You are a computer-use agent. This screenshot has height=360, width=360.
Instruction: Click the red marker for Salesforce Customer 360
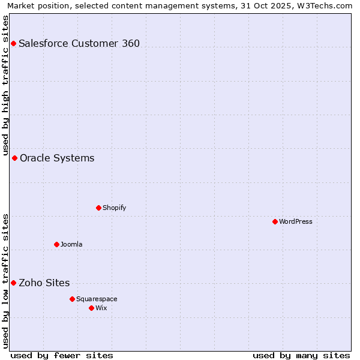coord(13,43)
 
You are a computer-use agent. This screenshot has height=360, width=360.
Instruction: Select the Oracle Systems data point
coord(14,158)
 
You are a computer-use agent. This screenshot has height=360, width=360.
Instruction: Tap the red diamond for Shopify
coord(98,208)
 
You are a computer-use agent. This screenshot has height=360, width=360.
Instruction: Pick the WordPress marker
coord(275,221)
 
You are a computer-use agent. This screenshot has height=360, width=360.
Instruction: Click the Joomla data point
coord(56,244)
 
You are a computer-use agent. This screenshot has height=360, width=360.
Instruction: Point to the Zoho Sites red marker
coord(13,283)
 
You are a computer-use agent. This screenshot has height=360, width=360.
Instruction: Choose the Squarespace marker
coord(72,299)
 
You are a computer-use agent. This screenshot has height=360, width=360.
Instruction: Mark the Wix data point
coord(91,308)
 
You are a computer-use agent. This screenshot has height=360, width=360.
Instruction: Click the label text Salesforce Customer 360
coord(79,43)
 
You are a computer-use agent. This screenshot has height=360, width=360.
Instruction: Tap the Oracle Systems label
coord(57,158)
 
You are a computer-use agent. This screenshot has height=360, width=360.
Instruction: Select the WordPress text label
coord(296,221)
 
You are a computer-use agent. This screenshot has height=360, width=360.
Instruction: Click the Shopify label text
coord(114,208)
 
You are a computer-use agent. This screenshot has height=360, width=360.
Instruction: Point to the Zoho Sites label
coord(44,283)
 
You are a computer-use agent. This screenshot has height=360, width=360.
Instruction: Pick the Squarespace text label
coord(97,299)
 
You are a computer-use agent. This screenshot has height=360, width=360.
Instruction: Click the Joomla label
coord(71,244)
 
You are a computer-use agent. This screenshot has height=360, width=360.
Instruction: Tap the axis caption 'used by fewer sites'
coord(62,355)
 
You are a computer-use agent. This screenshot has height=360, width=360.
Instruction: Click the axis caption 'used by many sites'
coord(301,355)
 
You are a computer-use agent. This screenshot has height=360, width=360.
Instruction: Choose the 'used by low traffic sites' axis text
coord(5,281)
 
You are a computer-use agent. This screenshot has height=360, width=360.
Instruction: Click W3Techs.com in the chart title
coord(327,5)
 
